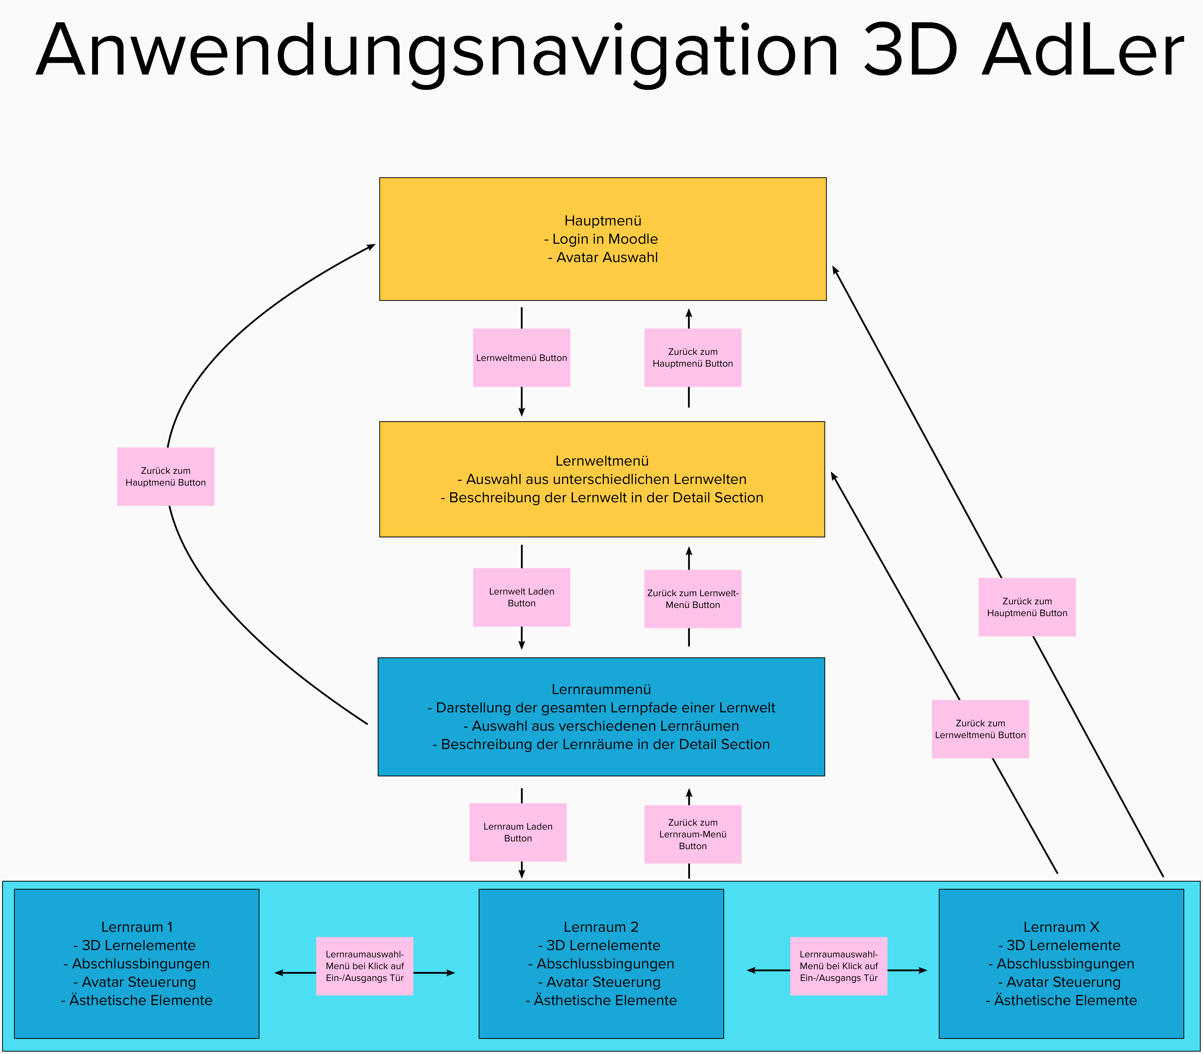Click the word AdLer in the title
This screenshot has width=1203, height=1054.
click(1082, 52)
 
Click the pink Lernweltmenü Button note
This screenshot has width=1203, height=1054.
click(522, 358)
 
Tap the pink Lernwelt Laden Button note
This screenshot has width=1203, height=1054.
click(522, 597)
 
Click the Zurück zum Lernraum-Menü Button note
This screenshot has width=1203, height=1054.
click(693, 834)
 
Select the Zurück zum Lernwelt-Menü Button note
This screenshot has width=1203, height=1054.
click(693, 599)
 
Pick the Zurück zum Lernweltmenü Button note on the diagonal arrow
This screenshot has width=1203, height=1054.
click(980, 729)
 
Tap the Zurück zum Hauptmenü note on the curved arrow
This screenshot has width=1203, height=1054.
click(166, 476)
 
